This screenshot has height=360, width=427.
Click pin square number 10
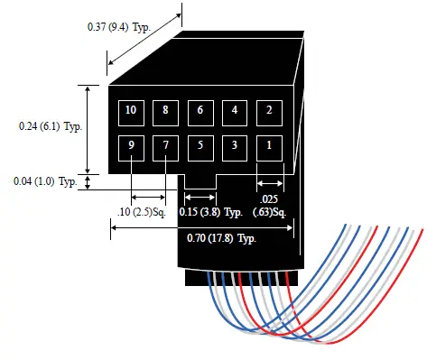(x=132, y=111)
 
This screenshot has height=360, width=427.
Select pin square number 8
(x=166, y=111)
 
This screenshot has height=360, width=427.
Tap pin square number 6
(x=200, y=111)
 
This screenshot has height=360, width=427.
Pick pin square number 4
(x=235, y=111)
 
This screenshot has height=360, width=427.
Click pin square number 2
(x=270, y=111)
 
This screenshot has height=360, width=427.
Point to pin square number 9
(x=132, y=145)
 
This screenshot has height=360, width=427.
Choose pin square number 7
(x=166, y=145)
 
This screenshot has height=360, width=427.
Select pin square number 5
(x=200, y=145)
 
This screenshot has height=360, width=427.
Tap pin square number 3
(x=235, y=145)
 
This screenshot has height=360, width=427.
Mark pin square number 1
(x=270, y=145)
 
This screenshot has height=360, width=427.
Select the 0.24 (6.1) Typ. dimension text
(x=51, y=126)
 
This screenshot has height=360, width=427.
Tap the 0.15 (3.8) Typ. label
(x=212, y=212)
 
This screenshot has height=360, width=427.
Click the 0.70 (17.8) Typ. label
(x=223, y=238)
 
